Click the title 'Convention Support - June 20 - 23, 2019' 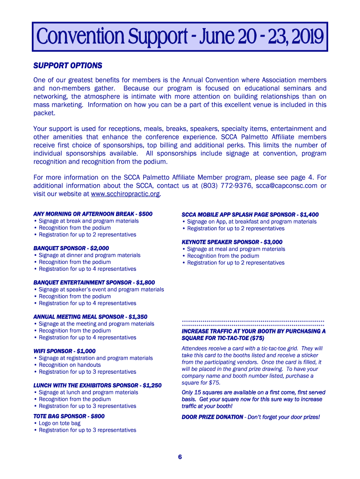click(180, 37)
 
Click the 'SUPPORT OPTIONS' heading click(67, 65)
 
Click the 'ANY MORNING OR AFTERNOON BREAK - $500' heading click(93, 214)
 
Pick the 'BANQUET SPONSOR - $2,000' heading click(71, 248)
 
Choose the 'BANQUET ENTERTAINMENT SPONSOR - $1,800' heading click(94, 283)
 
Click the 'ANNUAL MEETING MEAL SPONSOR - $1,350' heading click(90, 317)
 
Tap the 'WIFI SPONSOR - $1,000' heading click(65, 351)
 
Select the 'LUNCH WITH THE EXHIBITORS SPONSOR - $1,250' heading click(97, 385)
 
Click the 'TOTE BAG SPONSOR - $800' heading click(69, 416)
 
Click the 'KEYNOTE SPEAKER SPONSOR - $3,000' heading click(232, 242)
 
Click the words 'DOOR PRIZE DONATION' click(212, 417)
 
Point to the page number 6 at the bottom click(180, 457)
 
